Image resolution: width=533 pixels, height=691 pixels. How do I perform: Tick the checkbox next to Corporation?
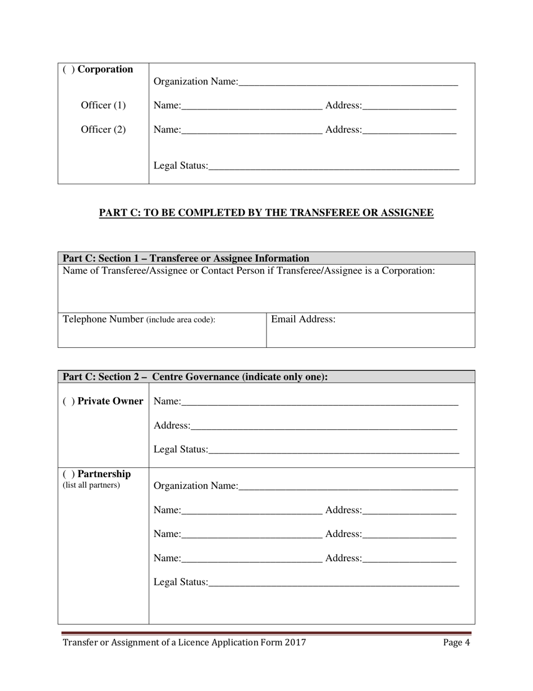click(68, 70)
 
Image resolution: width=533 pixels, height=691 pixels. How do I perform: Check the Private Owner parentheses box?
click(68, 401)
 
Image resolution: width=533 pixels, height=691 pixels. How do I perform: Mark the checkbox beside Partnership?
click(68, 474)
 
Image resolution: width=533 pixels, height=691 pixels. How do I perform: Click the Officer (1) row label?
click(103, 106)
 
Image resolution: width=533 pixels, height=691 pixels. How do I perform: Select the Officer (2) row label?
click(103, 130)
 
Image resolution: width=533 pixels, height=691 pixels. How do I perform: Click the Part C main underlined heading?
click(266, 213)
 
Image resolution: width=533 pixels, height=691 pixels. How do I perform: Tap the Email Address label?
click(303, 320)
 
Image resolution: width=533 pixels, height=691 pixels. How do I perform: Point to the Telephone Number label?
click(103, 320)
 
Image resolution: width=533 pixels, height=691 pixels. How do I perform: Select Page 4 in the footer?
click(456, 643)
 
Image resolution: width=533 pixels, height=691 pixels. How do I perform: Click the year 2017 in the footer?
click(295, 643)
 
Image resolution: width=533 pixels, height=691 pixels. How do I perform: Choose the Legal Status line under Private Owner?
click(333, 451)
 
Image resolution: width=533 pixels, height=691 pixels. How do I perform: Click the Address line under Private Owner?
click(324, 426)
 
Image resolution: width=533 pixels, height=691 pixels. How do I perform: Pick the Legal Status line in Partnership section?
click(333, 583)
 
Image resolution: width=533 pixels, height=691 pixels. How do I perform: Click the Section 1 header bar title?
click(186, 258)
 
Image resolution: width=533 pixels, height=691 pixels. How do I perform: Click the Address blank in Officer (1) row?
click(409, 106)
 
